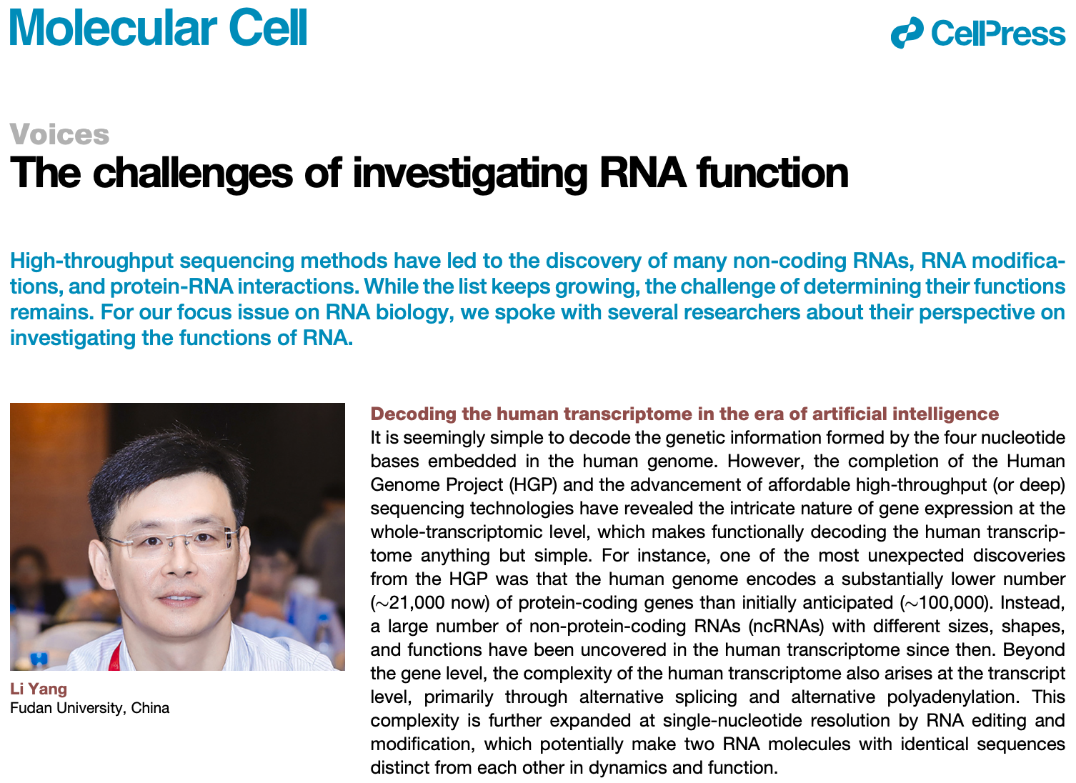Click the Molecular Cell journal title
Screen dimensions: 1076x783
coord(158,27)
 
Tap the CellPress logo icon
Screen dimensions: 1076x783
coord(907,33)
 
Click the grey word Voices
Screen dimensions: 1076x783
coord(59,134)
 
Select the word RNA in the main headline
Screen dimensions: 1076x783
coord(643,173)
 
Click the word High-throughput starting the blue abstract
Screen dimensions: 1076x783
coord(91,261)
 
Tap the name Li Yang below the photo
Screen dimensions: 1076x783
coord(39,689)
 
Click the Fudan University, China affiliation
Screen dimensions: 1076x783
coord(90,708)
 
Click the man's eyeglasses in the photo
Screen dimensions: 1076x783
coord(174,542)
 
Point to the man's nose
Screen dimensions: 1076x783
coord(180,562)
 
